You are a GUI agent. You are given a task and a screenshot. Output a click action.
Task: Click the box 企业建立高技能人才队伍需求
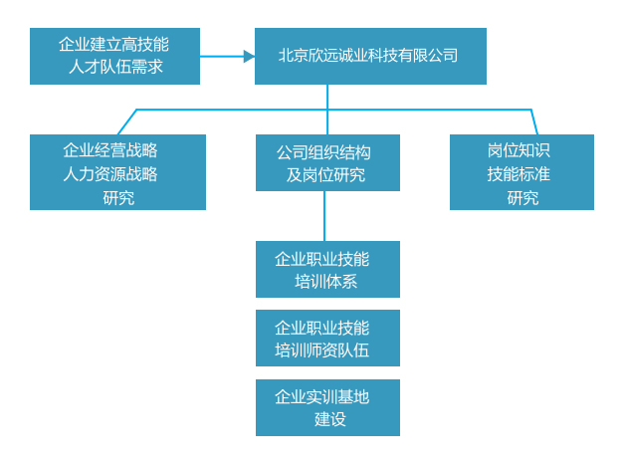pyautogui.click(x=114, y=56)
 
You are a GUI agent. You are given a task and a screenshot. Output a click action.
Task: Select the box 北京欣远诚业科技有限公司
pyautogui.click(x=370, y=56)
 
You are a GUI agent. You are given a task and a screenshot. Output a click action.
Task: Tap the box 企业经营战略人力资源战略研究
pyautogui.click(x=117, y=172)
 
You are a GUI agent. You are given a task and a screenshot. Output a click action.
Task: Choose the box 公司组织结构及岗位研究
pyautogui.click(x=327, y=163)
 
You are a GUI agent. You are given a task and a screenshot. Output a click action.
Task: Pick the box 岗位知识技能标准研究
pyautogui.click(x=521, y=172)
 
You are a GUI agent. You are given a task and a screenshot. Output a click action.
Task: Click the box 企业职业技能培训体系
pyautogui.click(x=327, y=269)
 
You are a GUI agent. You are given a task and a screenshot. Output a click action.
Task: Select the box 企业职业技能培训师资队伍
pyautogui.click(x=327, y=339)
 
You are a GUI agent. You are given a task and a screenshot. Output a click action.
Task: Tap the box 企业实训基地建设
pyautogui.click(x=327, y=408)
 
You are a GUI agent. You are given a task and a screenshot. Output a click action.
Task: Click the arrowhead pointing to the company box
pyautogui.click(x=249, y=57)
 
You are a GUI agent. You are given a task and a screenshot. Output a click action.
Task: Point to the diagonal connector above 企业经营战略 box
pyautogui.click(x=127, y=121)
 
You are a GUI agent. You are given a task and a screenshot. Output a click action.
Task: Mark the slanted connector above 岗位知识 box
pyautogui.click(x=534, y=121)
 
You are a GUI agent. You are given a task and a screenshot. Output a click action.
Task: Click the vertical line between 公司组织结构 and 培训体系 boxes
pyautogui.click(x=324, y=216)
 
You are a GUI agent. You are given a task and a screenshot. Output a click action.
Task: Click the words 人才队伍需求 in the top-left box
pyautogui.click(x=115, y=67)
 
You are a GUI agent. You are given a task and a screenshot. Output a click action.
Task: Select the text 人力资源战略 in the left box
pyautogui.click(x=110, y=174)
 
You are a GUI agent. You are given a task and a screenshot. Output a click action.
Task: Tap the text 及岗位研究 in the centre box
pyautogui.click(x=325, y=175)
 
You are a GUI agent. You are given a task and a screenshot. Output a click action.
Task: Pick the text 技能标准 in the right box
pyautogui.click(x=519, y=174)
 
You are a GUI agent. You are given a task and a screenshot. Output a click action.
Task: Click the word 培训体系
pyautogui.click(x=325, y=282)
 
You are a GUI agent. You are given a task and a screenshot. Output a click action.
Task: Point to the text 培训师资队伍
pyautogui.click(x=321, y=350)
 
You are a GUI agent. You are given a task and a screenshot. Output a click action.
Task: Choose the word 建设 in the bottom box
pyautogui.click(x=329, y=419)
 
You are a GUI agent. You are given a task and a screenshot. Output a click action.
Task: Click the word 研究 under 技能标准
pyautogui.click(x=522, y=198)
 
